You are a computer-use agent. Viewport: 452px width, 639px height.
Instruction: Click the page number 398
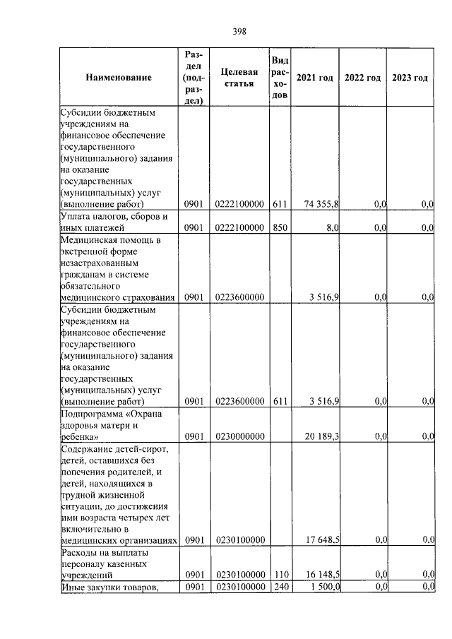(x=239, y=30)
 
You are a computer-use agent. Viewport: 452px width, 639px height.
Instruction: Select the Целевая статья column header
(x=239, y=78)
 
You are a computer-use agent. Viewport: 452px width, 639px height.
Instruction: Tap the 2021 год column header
(x=314, y=78)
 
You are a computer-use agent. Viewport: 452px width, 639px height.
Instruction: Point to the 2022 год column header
(x=362, y=78)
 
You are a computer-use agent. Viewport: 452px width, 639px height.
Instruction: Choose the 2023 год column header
(x=410, y=78)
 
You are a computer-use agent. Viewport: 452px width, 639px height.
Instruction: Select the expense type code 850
(x=280, y=228)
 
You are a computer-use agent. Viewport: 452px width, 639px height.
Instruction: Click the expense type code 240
(x=280, y=587)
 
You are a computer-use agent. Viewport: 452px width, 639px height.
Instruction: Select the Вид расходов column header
(x=280, y=78)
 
